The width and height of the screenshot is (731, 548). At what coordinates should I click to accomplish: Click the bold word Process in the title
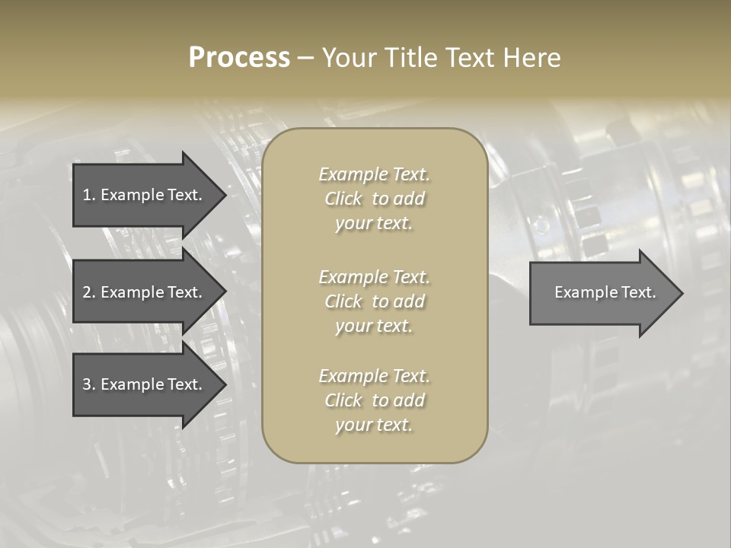point(239,58)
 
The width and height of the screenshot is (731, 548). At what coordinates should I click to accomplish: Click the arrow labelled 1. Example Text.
point(142,195)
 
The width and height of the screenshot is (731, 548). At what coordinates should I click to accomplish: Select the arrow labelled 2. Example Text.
point(142,292)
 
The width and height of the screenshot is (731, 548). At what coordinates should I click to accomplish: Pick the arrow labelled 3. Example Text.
point(142,384)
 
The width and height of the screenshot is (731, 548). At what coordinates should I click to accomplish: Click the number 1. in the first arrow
point(89,195)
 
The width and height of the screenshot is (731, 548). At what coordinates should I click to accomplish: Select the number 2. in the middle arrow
point(89,292)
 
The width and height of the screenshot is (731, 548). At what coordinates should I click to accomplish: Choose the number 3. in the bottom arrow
point(89,384)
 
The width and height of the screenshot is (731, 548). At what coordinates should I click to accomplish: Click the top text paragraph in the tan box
point(374,199)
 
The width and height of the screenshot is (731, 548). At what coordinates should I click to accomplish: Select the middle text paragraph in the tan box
point(374,301)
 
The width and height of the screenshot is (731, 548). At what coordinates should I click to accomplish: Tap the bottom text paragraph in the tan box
point(374,400)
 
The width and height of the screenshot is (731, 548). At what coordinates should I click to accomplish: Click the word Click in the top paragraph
point(343,199)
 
